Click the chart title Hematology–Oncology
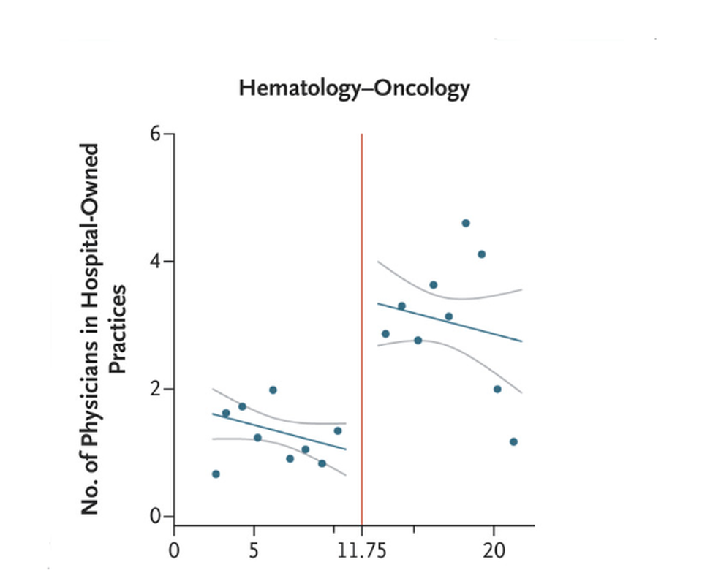[x=354, y=89]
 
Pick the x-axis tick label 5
[x=254, y=548]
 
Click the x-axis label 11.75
[x=361, y=548]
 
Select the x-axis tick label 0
[x=173, y=548]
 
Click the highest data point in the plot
[x=466, y=223]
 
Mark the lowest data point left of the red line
[x=216, y=474]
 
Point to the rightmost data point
[x=513, y=441]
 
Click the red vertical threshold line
[x=362, y=329]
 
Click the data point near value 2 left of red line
[x=273, y=390]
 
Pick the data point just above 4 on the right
[x=481, y=254]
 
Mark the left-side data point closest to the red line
[x=338, y=430]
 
